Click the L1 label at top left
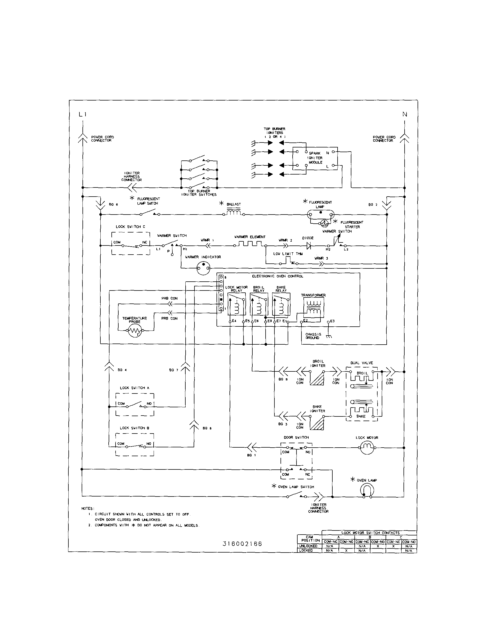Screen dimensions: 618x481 (x=82, y=114)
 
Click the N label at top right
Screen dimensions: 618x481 (x=405, y=114)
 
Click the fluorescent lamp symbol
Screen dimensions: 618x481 (x=320, y=215)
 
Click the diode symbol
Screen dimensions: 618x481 (x=309, y=246)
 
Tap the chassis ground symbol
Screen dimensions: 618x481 (x=329, y=336)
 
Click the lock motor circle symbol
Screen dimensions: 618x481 (x=367, y=448)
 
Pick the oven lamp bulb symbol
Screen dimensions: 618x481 (x=367, y=490)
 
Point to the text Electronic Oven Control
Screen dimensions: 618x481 (x=277, y=276)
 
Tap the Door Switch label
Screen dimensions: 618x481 (x=296, y=437)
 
